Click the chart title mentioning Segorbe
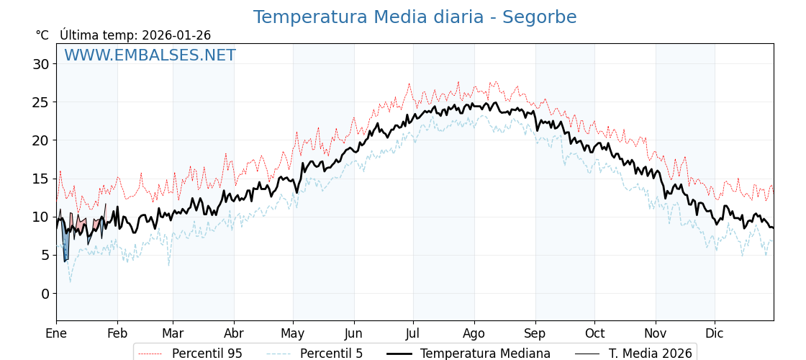click(415, 17)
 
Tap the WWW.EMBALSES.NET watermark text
click(150, 55)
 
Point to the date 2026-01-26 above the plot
click(176, 35)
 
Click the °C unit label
click(42, 35)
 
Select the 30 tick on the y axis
click(40, 64)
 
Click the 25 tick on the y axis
click(40, 102)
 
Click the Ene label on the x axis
click(56, 333)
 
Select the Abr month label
click(234, 333)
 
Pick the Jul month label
click(413, 333)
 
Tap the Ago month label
click(474, 333)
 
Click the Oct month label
click(594, 333)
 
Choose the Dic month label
click(715, 333)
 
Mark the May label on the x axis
click(293, 333)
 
